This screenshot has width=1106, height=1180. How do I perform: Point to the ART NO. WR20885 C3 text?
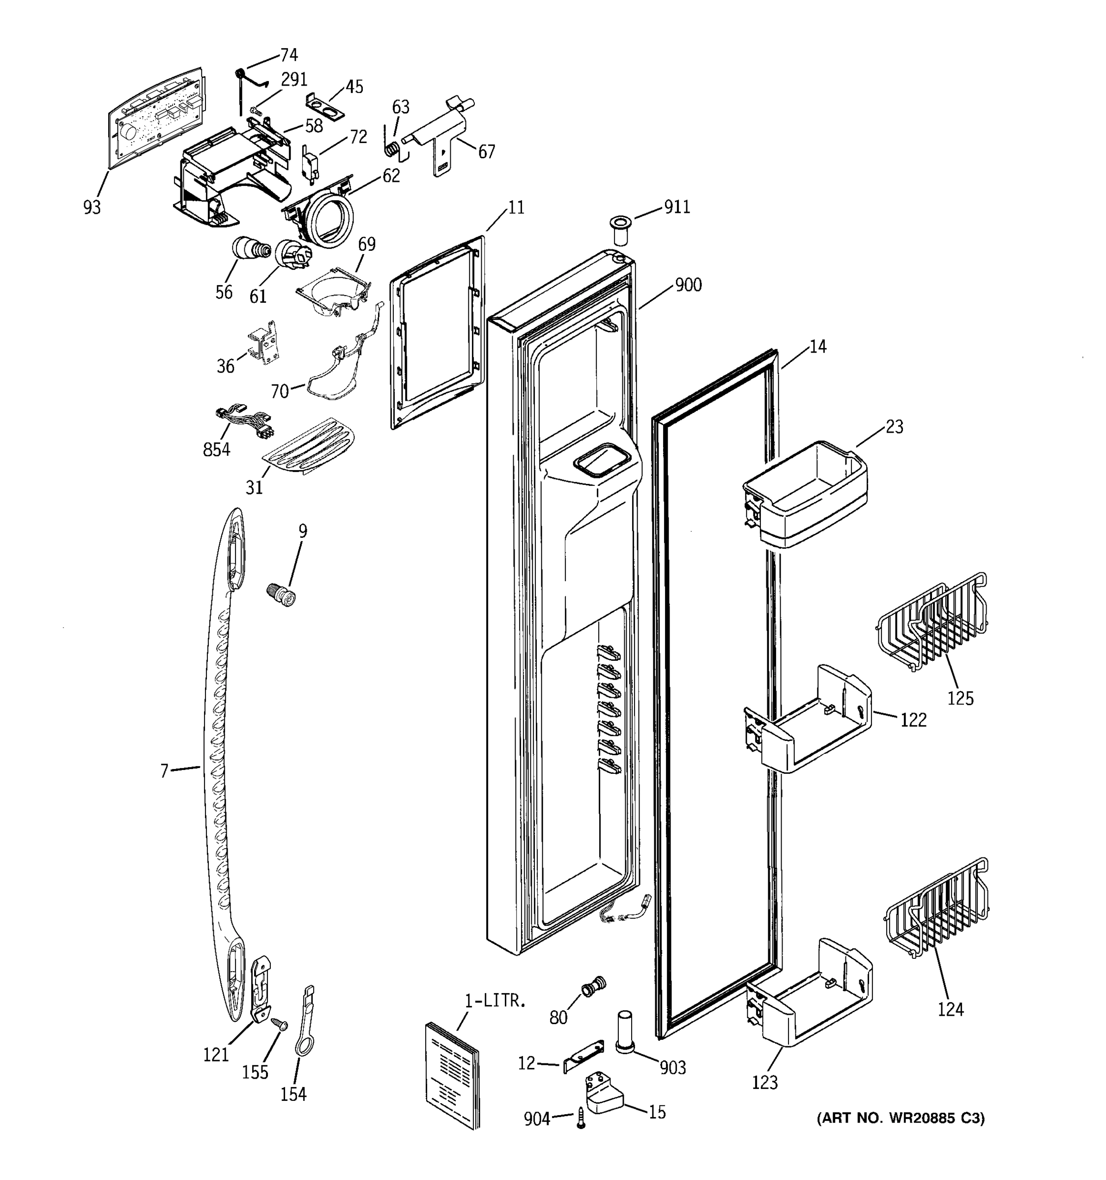(901, 1119)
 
